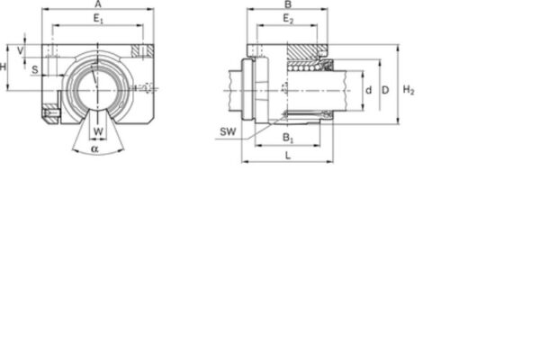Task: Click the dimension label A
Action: [x=97, y=4]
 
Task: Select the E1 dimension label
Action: [x=99, y=19]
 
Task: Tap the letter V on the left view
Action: [x=20, y=50]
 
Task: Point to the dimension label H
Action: [x=4, y=67]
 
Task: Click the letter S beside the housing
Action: [x=34, y=68]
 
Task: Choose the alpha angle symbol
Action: [x=94, y=148]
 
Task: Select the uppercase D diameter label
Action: [x=384, y=90]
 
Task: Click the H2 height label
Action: [x=409, y=90]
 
